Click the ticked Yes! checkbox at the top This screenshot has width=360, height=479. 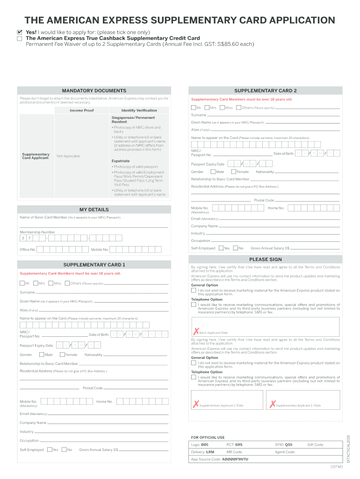pyautogui.click(x=19, y=32)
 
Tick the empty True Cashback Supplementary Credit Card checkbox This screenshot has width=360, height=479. pyautogui.click(x=19, y=38)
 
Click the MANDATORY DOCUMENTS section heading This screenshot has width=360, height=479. pyautogui.click(x=94, y=90)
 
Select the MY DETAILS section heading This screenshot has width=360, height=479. pyautogui.click(x=94, y=210)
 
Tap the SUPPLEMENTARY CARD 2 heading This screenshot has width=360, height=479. pyautogui.click(x=265, y=90)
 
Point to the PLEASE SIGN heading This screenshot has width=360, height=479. pyautogui.click(x=265, y=259)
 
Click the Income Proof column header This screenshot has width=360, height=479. pyautogui.click(x=82, y=110)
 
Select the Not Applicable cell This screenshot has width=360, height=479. pyautogui.click(x=68, y=156)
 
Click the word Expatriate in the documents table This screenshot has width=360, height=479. pyautogui.click(x=121, y=160)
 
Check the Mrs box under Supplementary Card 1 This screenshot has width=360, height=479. pyautogui.click(x=35, y=283)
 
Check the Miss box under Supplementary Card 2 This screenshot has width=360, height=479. pyautogui.click(x=222, y=108)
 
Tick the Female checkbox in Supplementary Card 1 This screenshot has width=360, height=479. pyautogui.click(x=61, y=355)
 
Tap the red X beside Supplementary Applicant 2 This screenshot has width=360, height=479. pyautogui.click(x=272, y=405)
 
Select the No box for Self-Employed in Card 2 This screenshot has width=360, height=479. pyautogui.click(x=235, y=248)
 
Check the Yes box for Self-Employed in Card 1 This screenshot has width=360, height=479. pyautogui.click(x=49, y=450)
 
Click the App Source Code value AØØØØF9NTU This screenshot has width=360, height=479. pyautogui.click(x=235, y=459)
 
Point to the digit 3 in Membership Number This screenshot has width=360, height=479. pyautogui.click(x=22, y=238)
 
